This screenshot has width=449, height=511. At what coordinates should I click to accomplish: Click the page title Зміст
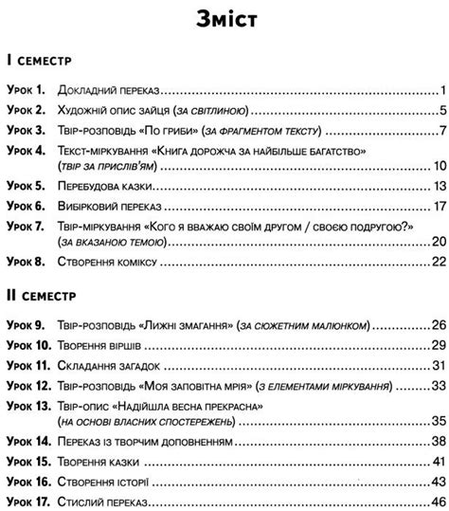224,20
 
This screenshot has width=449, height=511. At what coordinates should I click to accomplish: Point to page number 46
437,502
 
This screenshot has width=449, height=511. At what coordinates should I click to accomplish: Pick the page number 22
437,260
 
